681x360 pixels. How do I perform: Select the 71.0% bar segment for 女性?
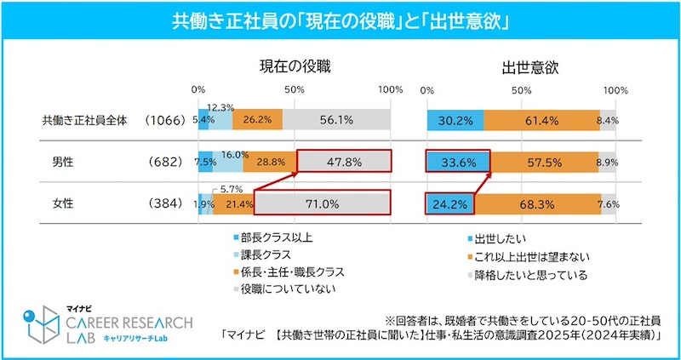click(x=322, y=203)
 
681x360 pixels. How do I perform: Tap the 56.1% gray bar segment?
click(x=337, y=121)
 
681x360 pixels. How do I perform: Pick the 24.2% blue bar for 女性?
click(x=449, y=203)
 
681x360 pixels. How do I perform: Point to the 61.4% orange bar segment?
click(x=541, y=121)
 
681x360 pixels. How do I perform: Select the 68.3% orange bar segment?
click(x=537, y=203)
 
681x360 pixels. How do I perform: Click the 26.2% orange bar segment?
click(x=257, y=121)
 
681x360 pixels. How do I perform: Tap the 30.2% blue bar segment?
click(x=455, y=121)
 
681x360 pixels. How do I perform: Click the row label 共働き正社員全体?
click(x=84, y=121)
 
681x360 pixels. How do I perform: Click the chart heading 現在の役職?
click(x=295, y=66)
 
